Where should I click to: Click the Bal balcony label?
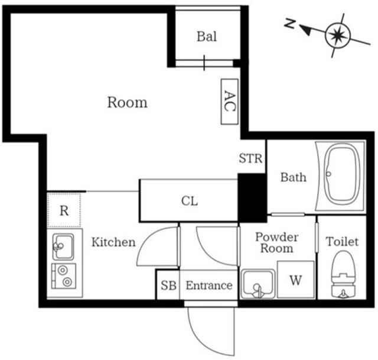click(x=207, y=37)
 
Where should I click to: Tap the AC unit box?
click(x=229, y=102)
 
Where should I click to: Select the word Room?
click(x=127, y=102)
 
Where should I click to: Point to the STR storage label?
click(x=250, y=158)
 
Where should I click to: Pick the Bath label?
click(x=293, y=177)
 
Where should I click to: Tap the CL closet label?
click(x=189, y=201)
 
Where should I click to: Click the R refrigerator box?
click(x=64, y=209)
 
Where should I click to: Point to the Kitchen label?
click(x=113, y=242)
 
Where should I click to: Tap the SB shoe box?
click(x=168, y=286)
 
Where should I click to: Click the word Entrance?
click(x=209, y=286)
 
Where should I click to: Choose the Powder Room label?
click(x=276, y=242)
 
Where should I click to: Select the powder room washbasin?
click(x=258, y=285)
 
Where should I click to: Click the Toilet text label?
click(x=343, y=242)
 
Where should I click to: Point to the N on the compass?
click(x=289, y=24)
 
